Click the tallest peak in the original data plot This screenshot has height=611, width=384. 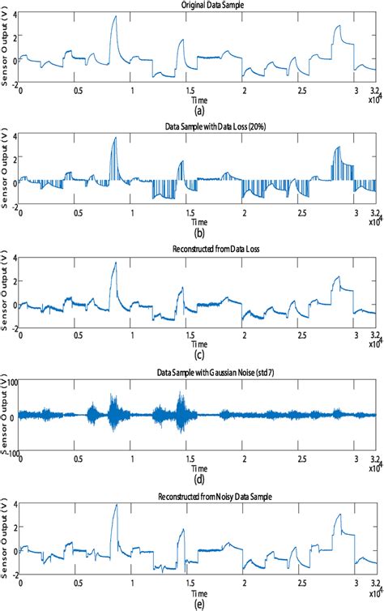(115, 17)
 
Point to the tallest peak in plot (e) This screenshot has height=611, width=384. (116, 505)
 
